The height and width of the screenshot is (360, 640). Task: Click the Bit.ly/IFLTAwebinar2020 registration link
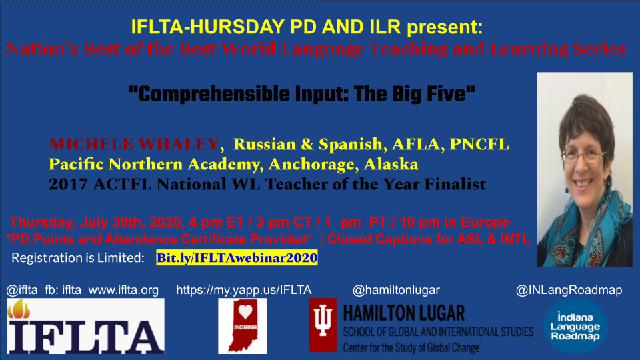(x=237, y=257)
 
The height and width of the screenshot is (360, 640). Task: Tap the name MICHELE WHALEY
(x=134, y=144)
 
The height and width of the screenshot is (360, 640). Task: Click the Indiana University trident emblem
(x=325, y=325)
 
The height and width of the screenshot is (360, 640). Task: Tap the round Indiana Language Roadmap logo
(x=575, y=326)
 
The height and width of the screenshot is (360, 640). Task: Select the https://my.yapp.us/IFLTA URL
(x=243, y=290)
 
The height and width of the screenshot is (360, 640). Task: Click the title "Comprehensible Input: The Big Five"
(x=302, y=93)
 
